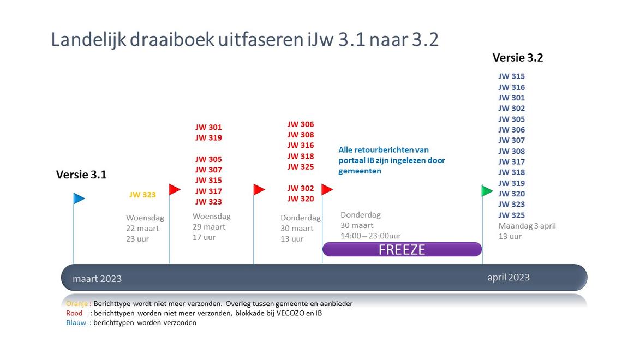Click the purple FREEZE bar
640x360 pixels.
point(402,249)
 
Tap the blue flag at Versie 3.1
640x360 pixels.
point(79,199)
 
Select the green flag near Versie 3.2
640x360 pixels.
point(487,190)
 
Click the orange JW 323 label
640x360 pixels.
point(142,195)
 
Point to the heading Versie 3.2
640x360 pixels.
point(518,58)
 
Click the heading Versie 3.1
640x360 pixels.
point(81,175)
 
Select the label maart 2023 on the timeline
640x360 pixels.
point(97,279)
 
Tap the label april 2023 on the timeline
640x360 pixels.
point(509,278)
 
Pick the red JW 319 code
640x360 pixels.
point(208,138)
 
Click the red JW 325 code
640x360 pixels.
point(301,167)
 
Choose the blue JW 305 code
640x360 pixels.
point(511,119)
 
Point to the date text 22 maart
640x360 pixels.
point(142,229)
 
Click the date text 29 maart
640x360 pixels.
point(209,227)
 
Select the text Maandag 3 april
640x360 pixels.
point(527,226)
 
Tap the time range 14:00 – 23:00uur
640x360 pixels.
point(370,236)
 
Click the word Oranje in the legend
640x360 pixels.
point(77,304)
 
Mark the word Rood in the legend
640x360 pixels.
point(74,313)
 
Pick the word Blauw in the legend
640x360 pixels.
point(76,322)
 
